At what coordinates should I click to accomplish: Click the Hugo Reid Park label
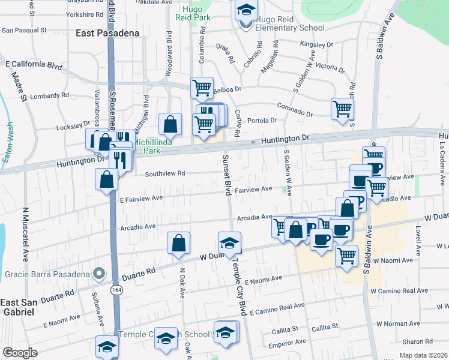[192, 14]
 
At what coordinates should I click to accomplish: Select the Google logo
[20, 353]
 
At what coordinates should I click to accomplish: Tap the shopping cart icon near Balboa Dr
[202, 88]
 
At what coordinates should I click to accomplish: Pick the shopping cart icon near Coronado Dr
[342, 109]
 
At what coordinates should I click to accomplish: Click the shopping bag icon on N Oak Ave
[178, 243]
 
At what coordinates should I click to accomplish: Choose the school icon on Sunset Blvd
[229, 243]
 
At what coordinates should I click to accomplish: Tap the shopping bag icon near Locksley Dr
[170, 124]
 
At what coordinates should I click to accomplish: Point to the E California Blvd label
[34, 64]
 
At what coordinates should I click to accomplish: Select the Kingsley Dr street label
[316, 44]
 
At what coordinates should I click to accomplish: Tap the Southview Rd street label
[164, 173]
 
